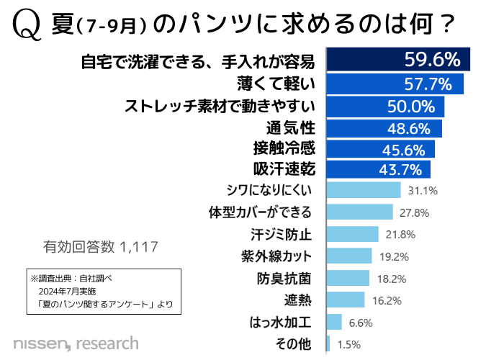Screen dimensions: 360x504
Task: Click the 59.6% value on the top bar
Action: click(432, 58)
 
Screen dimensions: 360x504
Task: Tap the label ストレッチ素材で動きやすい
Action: click(220, 107)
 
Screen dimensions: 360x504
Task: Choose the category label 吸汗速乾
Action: click(284, 169)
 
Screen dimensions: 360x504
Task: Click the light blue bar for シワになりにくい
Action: click(363, 190)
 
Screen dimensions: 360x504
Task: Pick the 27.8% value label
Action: click(415, 212)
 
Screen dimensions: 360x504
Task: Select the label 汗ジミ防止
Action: click(282, 235)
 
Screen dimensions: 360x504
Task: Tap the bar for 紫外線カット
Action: click(348, 256)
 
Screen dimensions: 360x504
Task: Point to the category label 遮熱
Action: click(298, 300)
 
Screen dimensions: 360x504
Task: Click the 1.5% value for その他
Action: click(348, 344)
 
